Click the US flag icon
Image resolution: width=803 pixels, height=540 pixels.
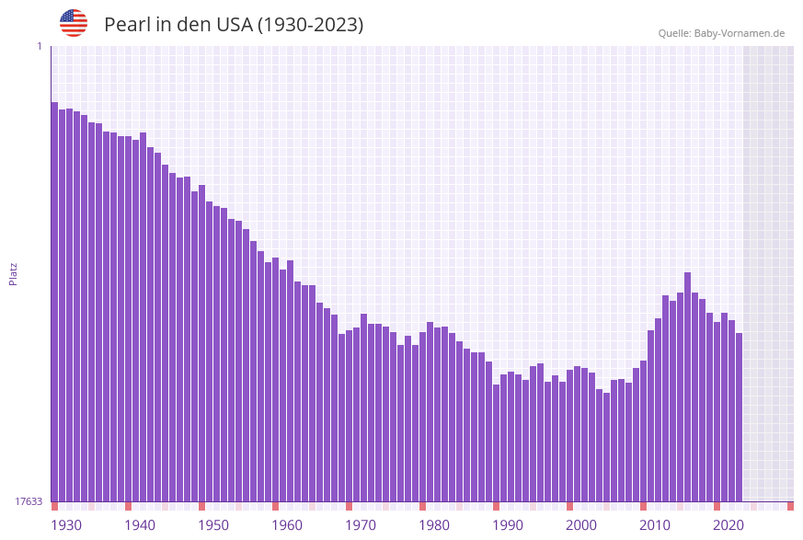point(74,23)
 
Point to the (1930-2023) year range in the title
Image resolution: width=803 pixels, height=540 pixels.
point(309,25)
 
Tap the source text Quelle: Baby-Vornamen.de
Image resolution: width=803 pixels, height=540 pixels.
point(721,33)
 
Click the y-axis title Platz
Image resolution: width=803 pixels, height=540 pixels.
point(14,273)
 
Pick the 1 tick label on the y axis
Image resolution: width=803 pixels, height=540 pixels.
point(39,46)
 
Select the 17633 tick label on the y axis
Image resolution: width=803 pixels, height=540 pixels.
point(29,501)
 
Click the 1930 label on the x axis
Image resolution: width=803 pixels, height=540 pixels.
point(66,525)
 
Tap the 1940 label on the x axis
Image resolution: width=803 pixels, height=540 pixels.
point(140,525)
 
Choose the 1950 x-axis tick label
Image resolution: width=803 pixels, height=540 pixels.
point(213,525)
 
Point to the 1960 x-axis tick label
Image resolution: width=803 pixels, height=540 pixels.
point(287,525)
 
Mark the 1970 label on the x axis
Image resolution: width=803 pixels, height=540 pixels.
point(361,525)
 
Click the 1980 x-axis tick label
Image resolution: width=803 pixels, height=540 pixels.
point(434,525)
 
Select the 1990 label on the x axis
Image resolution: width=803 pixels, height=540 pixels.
point(508,525)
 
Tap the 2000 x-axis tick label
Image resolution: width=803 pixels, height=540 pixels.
point(581,525)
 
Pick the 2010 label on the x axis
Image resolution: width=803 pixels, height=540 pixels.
point(655,525)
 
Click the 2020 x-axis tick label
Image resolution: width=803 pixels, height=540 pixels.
point(728,525)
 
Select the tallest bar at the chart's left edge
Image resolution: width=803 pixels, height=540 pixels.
point(54,304)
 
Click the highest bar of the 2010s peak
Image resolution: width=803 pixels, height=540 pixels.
point(687,386)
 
